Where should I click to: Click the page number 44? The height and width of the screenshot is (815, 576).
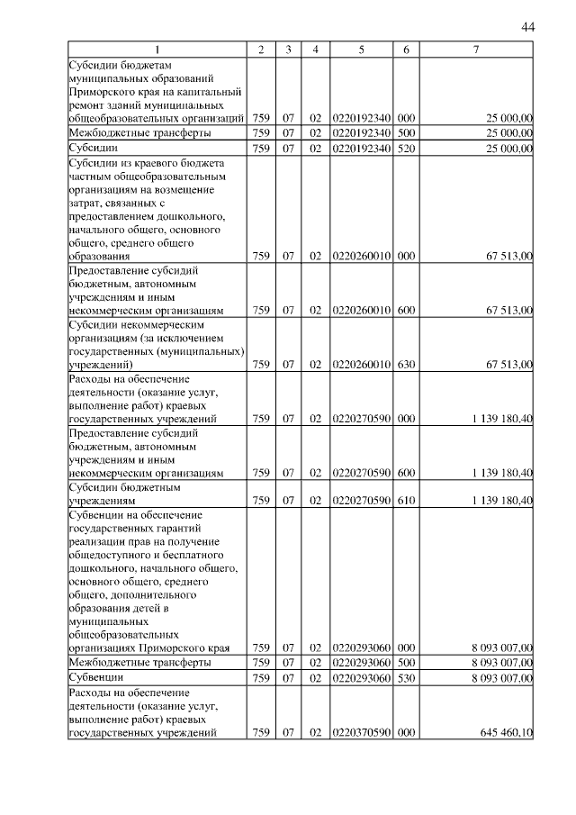pos(527,28)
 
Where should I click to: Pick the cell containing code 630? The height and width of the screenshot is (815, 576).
pos(406,365)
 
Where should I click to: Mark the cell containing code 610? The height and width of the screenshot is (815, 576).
pos(406,500)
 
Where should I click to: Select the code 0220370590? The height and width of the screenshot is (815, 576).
pos(361,733)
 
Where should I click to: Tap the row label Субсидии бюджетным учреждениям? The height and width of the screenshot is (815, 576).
pos(125,494)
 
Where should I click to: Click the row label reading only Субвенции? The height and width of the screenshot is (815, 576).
pos(95,676)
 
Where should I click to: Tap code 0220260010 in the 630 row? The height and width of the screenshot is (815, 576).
pos(361,365)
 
